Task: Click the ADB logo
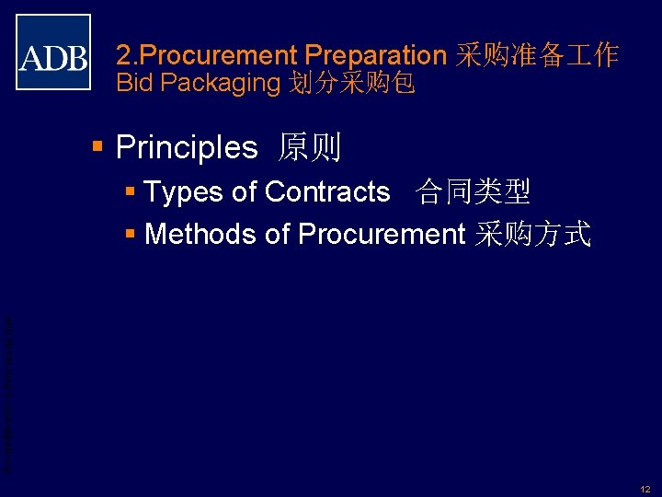[53, 52]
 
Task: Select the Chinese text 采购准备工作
[537, 55]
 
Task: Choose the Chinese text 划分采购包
[352, 84]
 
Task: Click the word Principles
[187, 147]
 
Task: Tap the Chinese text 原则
[310, 147]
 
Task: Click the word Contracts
[327, 192]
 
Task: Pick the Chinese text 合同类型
[474, 192]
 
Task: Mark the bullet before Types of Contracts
[131, 192]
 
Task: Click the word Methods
[200, 235]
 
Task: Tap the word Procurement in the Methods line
[382, 235]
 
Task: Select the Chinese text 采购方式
[532, 235]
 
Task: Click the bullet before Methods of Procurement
[131, 235]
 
